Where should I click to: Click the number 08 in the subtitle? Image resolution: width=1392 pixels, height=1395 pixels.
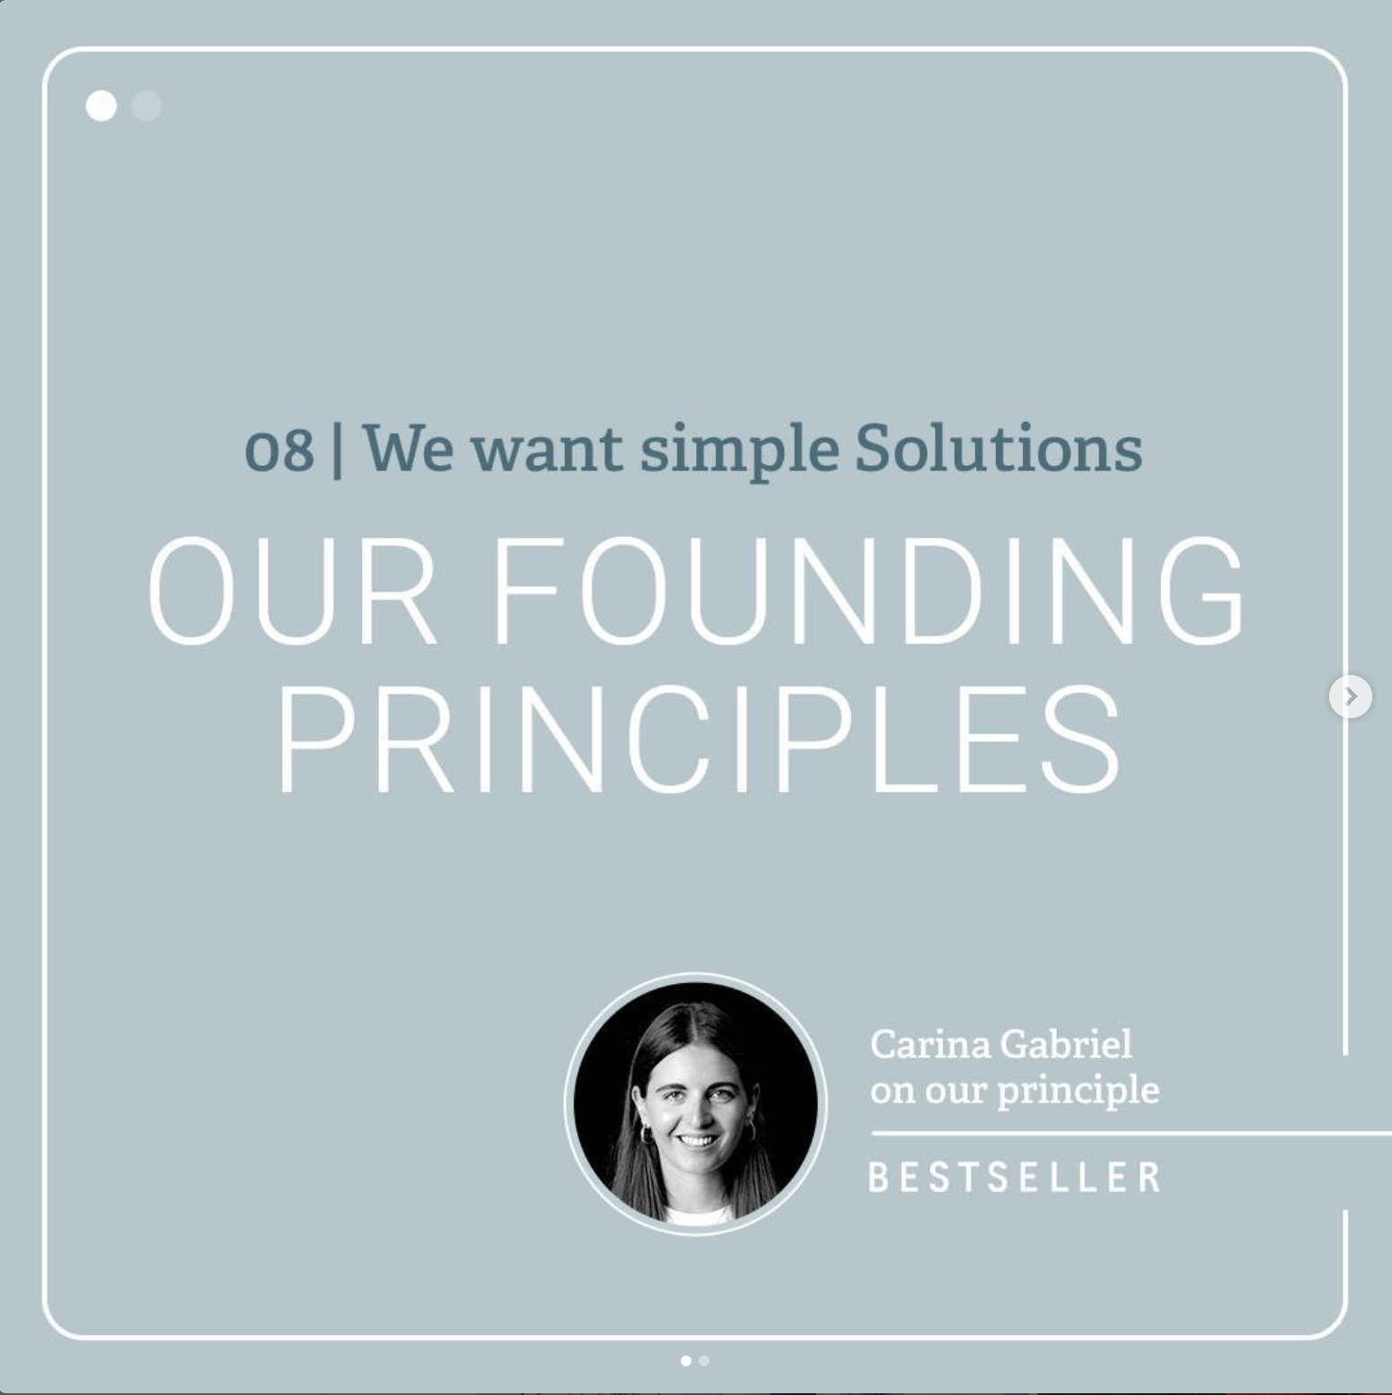coord(279,449)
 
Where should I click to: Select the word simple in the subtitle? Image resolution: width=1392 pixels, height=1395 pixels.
coord(739,451)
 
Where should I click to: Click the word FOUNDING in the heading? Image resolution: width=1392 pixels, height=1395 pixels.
coord(868,590)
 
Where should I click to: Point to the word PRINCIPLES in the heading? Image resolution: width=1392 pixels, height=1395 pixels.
coord(699,739)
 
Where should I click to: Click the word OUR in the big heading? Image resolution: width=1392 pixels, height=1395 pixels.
coord(292,590)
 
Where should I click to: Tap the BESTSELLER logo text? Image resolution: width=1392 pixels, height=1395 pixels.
coord(1014,1177)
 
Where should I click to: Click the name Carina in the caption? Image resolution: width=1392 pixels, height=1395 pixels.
coord(929,1044)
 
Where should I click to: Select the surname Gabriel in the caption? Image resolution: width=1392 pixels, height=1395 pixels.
coord(1066,1044)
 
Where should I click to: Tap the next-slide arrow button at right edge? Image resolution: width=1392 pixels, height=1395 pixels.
coord(1351,697)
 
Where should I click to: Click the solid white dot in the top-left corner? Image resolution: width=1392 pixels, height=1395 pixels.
coord(101,106)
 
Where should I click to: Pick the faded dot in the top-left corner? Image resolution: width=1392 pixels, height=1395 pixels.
coord(146,106)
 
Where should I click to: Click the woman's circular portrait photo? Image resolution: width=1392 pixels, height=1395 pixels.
coord(696,1103)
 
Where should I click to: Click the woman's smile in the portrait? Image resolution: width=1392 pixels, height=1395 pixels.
coord(698,1141)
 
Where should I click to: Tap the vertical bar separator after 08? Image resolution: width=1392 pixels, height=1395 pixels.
coord(338,449)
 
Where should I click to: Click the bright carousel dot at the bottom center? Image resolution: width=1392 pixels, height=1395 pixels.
coord(686,1361)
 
